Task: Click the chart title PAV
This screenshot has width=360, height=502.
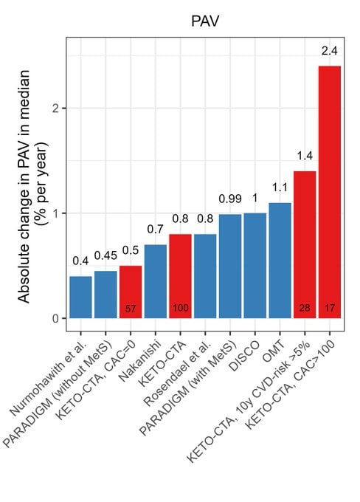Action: (205, 21)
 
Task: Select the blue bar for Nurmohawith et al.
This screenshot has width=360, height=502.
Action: (80, 297)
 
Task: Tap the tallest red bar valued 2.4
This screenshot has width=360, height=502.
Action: (330, 192)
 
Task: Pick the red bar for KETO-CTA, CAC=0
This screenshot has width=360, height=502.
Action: (131, 292)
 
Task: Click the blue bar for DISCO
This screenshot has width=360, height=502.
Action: (255, 266)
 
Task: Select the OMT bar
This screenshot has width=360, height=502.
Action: (280, 261)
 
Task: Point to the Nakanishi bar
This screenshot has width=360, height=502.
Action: (156, 281)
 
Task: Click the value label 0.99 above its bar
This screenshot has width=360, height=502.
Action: (230, 199)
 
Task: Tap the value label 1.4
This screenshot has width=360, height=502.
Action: (305, 156)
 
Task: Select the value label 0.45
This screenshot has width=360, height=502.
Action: (105, 255)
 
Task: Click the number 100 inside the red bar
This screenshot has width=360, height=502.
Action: (181, 309)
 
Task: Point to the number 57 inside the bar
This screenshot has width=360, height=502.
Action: (131, 309)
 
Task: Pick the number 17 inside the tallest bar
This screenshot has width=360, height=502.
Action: (330, 309)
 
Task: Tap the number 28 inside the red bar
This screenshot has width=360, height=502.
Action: (305, 309)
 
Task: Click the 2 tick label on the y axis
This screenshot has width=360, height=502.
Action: (57, 109)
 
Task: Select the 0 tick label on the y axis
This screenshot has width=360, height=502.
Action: (57, 319)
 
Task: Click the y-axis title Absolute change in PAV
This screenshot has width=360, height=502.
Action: (24, 186)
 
